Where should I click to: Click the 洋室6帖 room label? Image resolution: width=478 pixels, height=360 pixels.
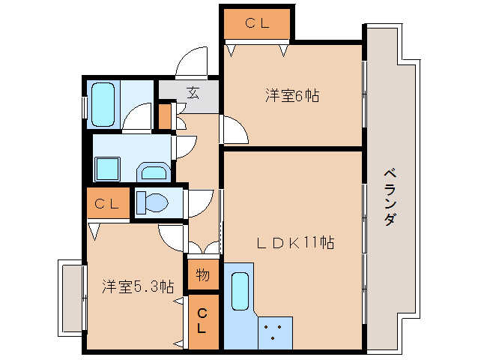(291, 96)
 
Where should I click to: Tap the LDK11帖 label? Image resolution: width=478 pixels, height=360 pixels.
(295, 243)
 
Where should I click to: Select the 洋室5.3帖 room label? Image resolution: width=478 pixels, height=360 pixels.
(138, 286)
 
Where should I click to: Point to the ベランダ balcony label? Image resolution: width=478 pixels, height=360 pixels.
(390, 197)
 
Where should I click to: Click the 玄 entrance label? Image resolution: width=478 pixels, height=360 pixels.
(193, 94)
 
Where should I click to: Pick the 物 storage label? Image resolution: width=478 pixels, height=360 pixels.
(203, 275)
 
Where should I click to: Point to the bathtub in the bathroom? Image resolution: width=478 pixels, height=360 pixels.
(103, 103)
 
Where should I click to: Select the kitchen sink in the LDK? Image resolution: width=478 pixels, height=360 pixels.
(240, 292)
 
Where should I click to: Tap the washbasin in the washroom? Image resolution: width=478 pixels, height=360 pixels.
(155, 173)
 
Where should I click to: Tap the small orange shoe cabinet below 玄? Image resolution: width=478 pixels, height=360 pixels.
(164, 117)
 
